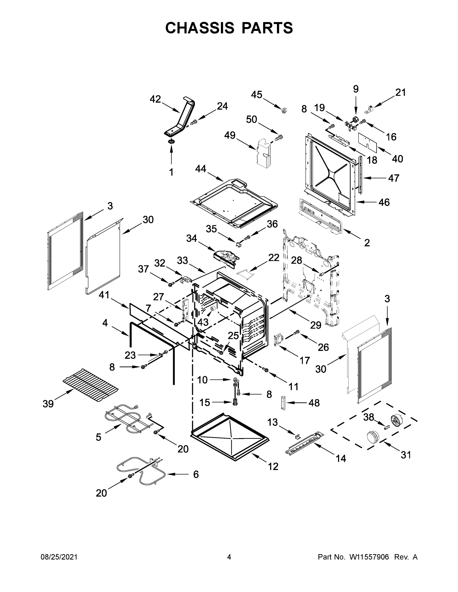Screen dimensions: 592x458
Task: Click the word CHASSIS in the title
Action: pyautogui.click(x=200, y=28)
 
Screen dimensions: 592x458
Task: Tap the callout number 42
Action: pyautogui.click(x=155, y=99)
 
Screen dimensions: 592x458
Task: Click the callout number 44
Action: pyautogui.click(x=201, y=169)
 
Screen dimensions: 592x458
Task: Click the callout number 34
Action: pyautogui.click(x=192, y=238)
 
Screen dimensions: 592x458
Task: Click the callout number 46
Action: pyautogui.click(x=384, y=202)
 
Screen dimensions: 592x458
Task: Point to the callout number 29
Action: pyautogui.click(x=316, y=325)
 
